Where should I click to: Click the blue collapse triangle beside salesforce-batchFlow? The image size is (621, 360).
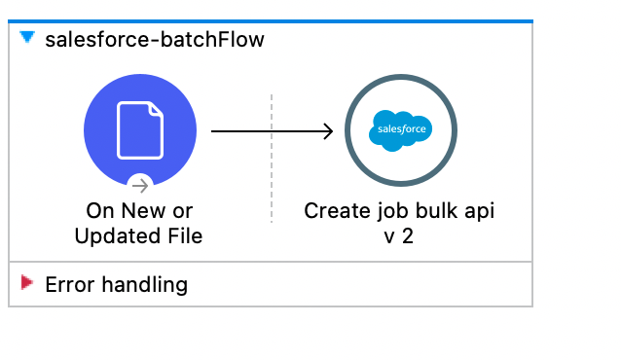click(x=27, y=38)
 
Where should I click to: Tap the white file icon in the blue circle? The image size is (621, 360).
click(x=140, y=130)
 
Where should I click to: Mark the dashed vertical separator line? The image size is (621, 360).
click(x=272, y=156)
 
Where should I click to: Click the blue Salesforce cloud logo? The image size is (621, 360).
click(x=400, y=130)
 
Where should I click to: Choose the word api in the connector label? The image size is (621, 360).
click(x=477, y=210)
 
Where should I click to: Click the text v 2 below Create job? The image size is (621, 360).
click(x=399, y=235)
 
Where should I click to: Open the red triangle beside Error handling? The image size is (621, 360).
click(x=27, y=283)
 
